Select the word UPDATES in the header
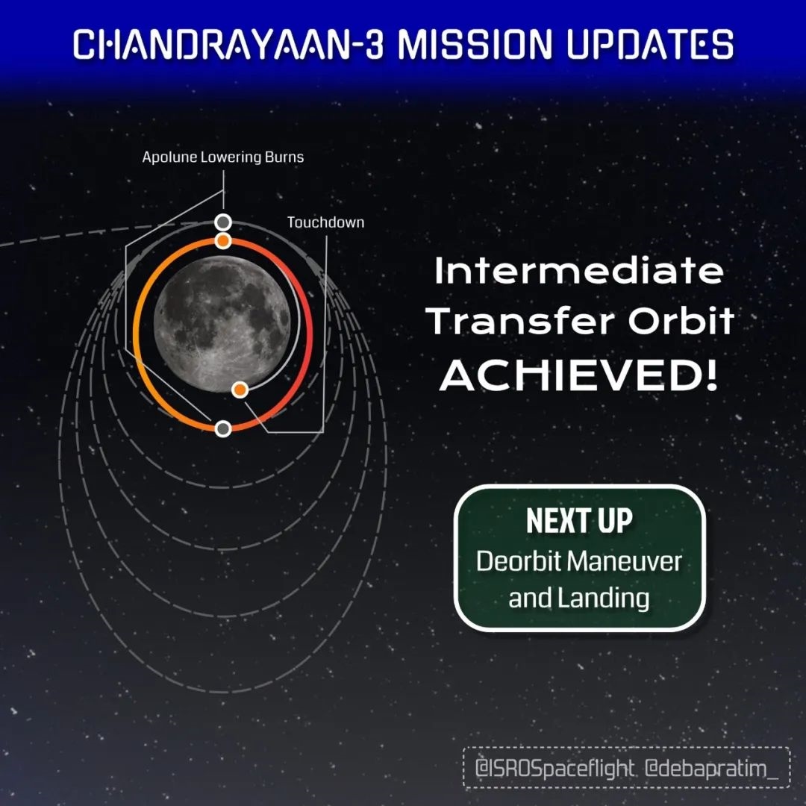click(x=650, y=44)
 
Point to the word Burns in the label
click(x=284, y=157)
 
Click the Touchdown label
click(x=325, y=222)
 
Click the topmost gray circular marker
click(x=222, y=222)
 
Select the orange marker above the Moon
click(x=222, y=240)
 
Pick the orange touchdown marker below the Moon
click(x=240, y=390)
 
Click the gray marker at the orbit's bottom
click(x=222, y=428)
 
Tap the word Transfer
click(x=519, y=321)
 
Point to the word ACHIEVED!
click(x=578, y=375)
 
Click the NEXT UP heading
click(x=579, y=521)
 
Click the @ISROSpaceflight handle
click(x=554, y=769)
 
